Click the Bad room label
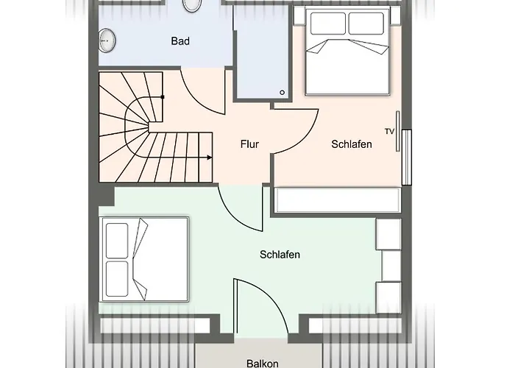click(180, 41)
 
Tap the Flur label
click(249, 144)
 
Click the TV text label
click(389, 131)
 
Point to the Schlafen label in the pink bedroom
click(351, 144)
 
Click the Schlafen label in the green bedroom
click(280, 255)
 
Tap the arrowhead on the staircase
click(210, 158)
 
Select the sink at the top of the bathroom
click(192, 4)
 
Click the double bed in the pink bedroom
click(346, 53)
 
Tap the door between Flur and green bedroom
click(239, 210)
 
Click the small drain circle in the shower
click(282, 92)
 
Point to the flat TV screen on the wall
click(398, 131)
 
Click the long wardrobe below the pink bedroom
click(337, 199)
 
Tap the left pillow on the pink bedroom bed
click(327, 24)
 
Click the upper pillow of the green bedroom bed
click(117, 240)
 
